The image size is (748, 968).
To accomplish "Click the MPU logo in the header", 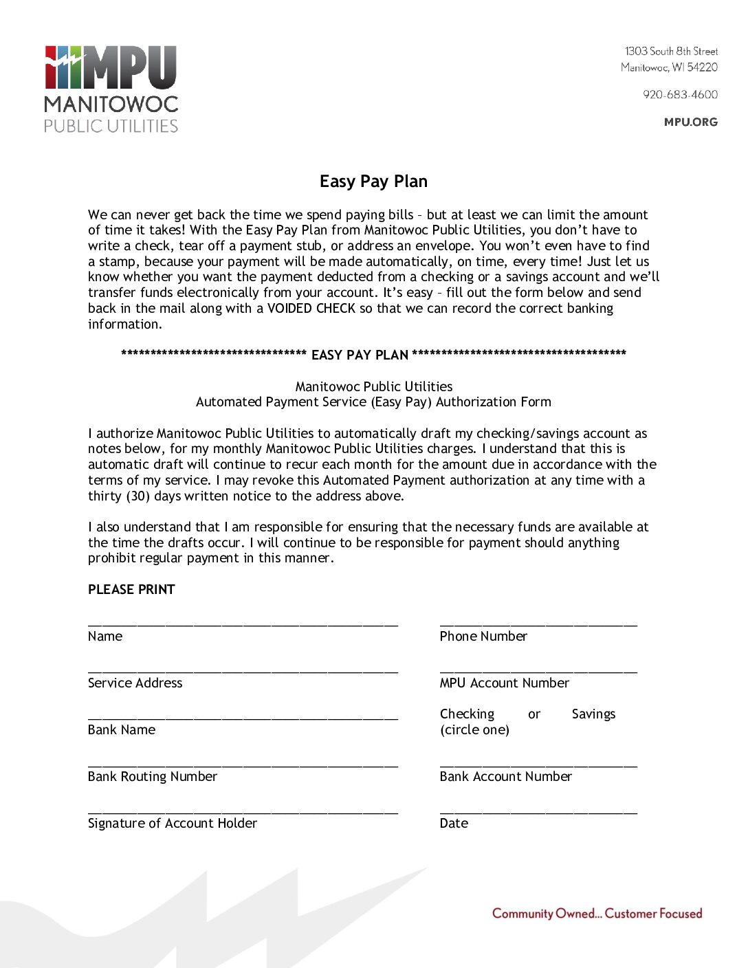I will tap(111, 88).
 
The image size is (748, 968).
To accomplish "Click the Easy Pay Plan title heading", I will tap(373, 181).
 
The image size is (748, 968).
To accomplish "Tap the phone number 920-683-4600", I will tap(680, 95).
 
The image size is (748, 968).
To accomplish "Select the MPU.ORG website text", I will tap(690, 122).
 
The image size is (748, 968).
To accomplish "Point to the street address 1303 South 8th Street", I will tap(671, 52).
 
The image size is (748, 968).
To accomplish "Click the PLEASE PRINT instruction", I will tap(131, 590).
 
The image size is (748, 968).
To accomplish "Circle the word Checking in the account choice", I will tap(467, 714).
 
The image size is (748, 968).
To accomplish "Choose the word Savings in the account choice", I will tap(593, 714).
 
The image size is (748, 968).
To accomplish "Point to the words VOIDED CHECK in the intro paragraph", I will tap(311, 309).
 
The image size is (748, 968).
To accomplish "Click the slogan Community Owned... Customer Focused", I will tap(597, 914).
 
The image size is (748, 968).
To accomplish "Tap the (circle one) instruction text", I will tap(474, 730).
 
